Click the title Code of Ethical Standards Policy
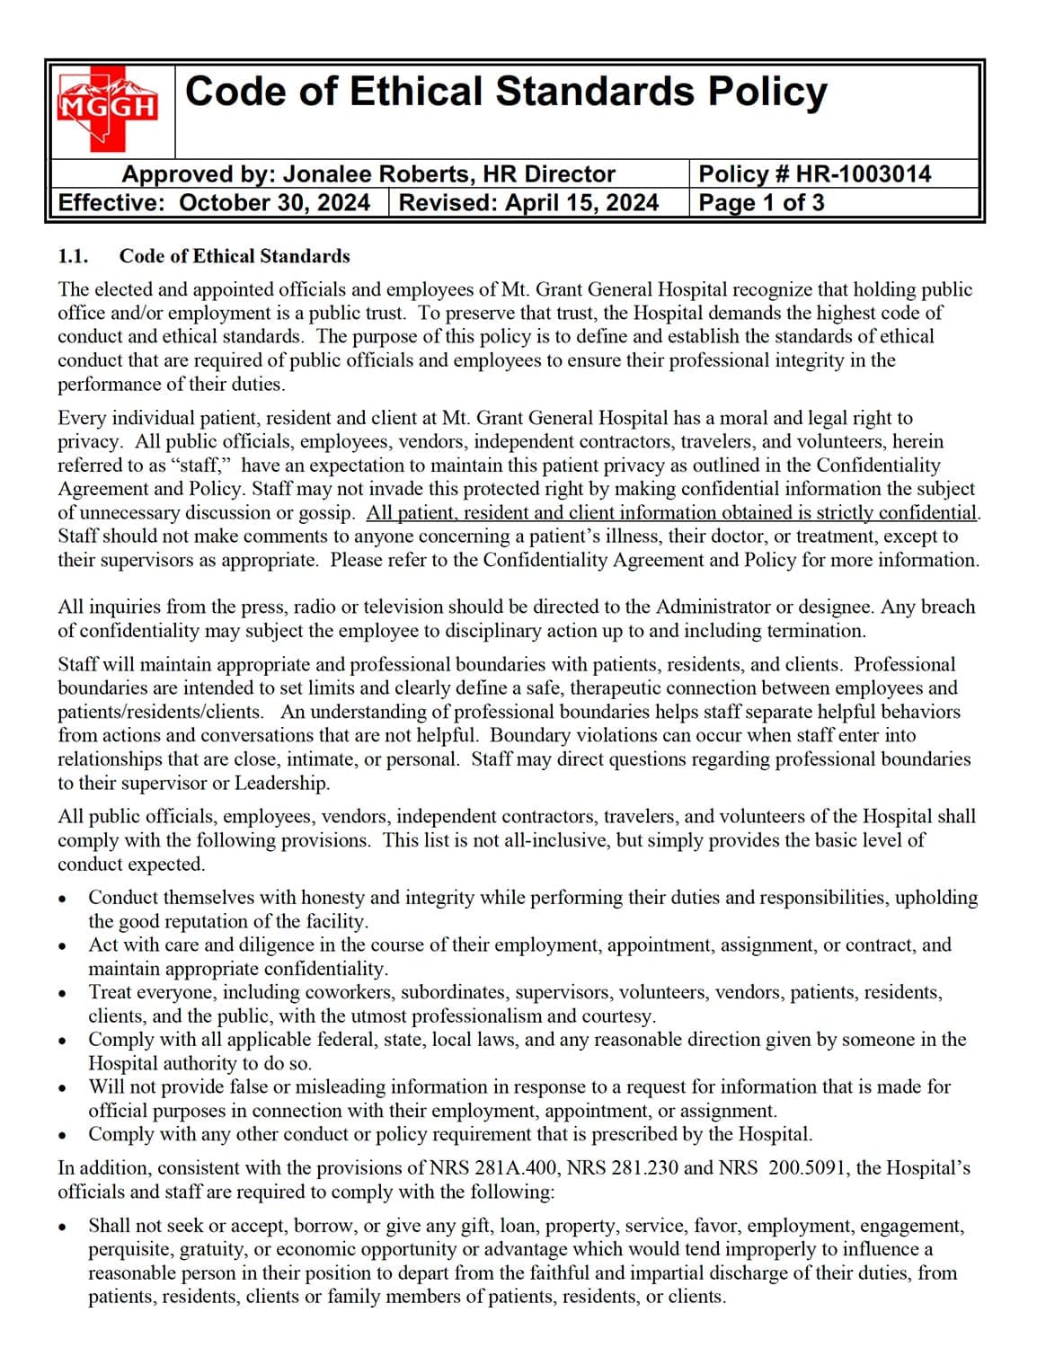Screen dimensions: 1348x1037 pyautogui.click(x=505, y=93)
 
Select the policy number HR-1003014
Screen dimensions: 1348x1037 pyautogui.click(x=864, y=174)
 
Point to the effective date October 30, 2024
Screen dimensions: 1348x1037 pyautogui.click(x=274, y=202)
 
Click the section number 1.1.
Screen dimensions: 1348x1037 pyautogui.click(x=73, y=256)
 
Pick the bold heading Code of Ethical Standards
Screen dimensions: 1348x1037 pyautogui.click(x=235, y=256)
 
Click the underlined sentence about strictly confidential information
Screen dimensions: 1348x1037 pyautogui.click(x=672, y=513)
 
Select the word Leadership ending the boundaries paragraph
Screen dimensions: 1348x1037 pyautogui.click(x=281, y=783)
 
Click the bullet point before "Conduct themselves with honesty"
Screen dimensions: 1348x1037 pyautogui.click(x=62, y=899)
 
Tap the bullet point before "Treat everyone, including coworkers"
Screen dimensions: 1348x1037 pyautogui.click(x=62, y=994)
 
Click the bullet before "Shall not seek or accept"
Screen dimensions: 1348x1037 pyautogui.click(x=62, y=1227)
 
